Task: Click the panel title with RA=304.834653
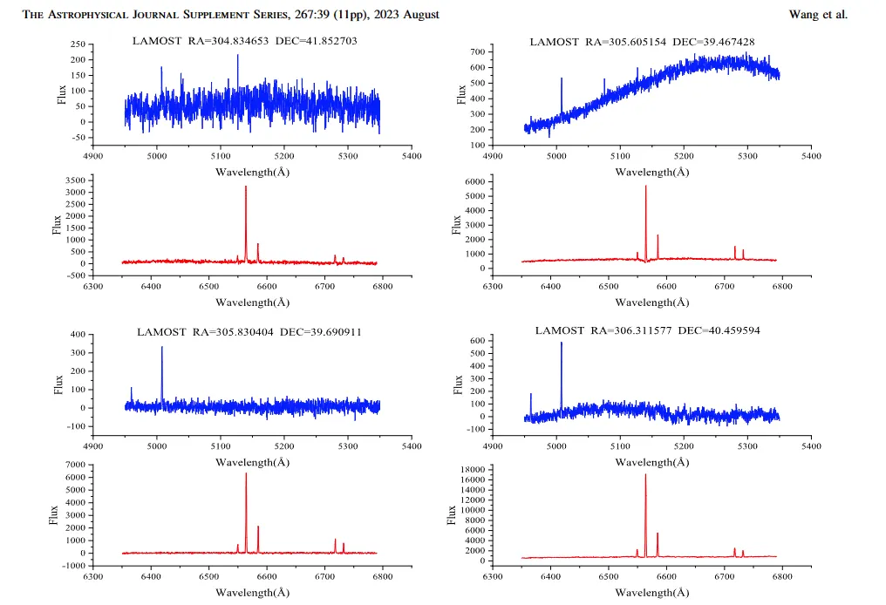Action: coord(244,41)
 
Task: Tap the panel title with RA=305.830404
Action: coord(249,332)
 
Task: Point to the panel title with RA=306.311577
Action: coord(647,330)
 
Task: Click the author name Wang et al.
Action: coord(817,15)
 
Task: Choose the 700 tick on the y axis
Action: coord(478,52)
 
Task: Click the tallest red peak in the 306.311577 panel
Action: coord(645,475)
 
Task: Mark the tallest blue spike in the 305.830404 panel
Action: coord(161,348)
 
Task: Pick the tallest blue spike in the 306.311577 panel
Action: coord(561,343)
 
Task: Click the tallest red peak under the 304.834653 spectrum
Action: coord(246,187)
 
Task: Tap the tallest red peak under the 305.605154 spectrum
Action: coord(645,187)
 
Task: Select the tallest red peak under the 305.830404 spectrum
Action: coord(246,474)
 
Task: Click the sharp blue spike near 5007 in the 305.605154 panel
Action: coord(561,78)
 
